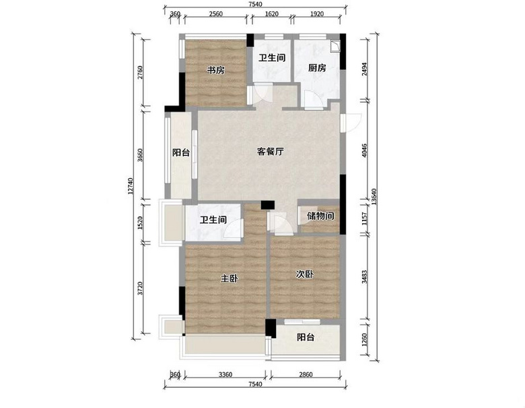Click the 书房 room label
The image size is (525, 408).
[x=216, y=71]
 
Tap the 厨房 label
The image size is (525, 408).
[x=317, y=68]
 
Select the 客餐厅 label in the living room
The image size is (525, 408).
[x=270, y=151]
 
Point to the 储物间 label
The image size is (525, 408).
[x=320, y=216]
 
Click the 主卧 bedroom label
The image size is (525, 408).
[x=230, y=278]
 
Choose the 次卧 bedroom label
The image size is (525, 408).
[x=305, y=274]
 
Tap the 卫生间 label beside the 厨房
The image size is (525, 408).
[x=272, y=58]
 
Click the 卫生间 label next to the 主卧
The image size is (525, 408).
[x=213, y=220]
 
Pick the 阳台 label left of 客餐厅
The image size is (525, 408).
[x=181, y=153]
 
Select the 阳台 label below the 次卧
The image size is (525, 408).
[x=306, y=337]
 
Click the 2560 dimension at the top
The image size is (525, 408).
[x=216, y=14]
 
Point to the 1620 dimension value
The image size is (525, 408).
[x=271, y=14]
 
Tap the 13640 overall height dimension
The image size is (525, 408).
[x=374, y=197]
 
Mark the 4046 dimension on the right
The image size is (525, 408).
[x=365, y=151]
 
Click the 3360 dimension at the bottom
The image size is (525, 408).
[x=225, y=374]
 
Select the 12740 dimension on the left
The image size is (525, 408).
[x=131, y=186]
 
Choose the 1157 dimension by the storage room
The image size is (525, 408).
[x=365, y=218]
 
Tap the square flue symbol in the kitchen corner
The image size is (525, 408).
[x=335, y=46]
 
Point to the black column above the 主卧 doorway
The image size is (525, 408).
[x=267, y=204]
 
